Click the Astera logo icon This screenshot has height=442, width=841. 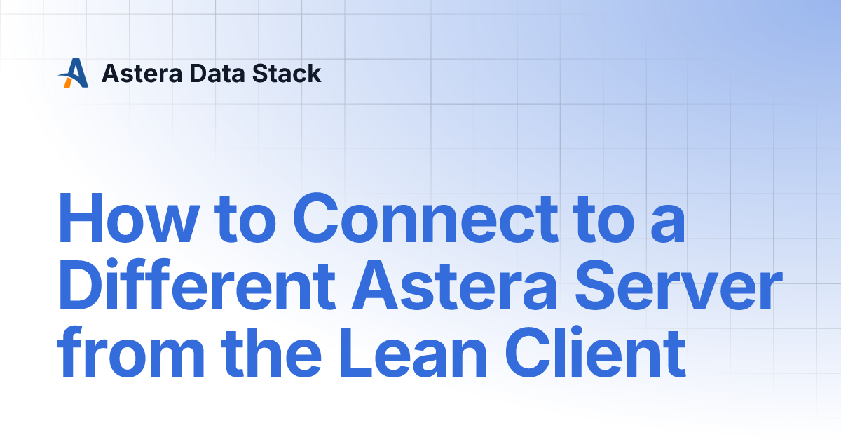73,73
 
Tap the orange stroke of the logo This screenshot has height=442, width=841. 68,81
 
